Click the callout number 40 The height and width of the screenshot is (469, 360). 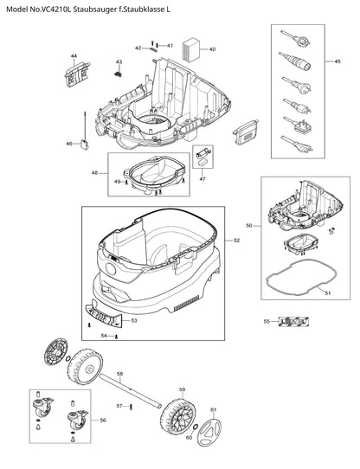tap(212, 49)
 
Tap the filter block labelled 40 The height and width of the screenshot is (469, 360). tap(190, 50)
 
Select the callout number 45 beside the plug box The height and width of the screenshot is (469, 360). tap(337, 61)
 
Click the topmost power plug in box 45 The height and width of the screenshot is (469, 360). tap(295, 38)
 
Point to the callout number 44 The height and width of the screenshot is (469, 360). tap(74, 56)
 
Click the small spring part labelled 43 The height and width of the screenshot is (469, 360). tap(119, 74)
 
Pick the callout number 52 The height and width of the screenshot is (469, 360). tap(237, 241)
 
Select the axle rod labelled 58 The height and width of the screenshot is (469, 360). tap(131, 389)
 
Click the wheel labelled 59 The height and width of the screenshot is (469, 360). tap(177, 414)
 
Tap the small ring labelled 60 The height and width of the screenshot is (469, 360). tap(196, 427)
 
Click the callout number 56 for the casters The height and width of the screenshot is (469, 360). tap(103, 421)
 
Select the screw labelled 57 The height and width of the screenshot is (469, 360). tap(131, 407)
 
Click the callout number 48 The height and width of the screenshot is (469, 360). tap(95, 173)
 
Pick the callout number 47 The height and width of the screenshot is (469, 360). tap(202, 179)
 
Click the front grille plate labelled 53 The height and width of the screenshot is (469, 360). tap(104, 314)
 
